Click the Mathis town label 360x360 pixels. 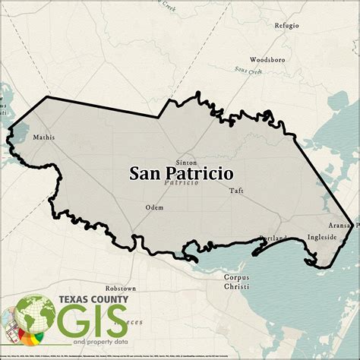pyautogui.click(x=43, y=137)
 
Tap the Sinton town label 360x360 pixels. pyautogui.click(x=185, y=163)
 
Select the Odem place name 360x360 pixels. pyautogui.click(x=154, y=207)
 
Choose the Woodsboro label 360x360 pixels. pyautogui.click(x=267, y=58)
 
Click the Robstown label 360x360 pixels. pyautogui.click(x=121, y=289)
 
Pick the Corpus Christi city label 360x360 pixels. pyautogui.click(x=236, y=282)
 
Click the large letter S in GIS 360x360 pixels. pyautogui.click(x=115, y=324)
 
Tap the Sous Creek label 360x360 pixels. pyautogui.click(x=248, y=71)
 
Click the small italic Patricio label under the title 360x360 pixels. pyautogui.click(x=181, y=184)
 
